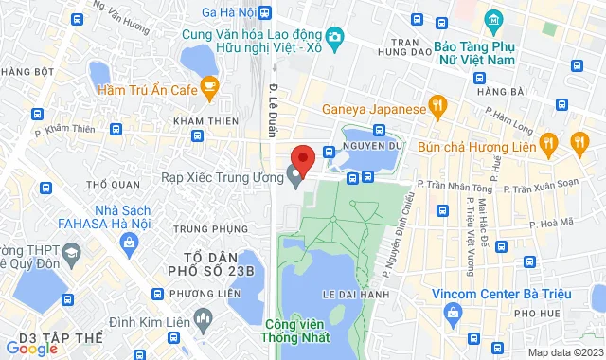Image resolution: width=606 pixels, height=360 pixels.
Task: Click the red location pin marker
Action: click(301, 157)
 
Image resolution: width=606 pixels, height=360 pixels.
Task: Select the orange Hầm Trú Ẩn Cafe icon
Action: click(209, 89)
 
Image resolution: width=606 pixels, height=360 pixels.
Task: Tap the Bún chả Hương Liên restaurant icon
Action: click(548, 144)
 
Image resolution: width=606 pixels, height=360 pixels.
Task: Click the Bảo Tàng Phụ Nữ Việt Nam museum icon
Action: click(491, 20)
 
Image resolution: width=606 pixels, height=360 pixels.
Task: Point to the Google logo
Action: click(30, 349)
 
